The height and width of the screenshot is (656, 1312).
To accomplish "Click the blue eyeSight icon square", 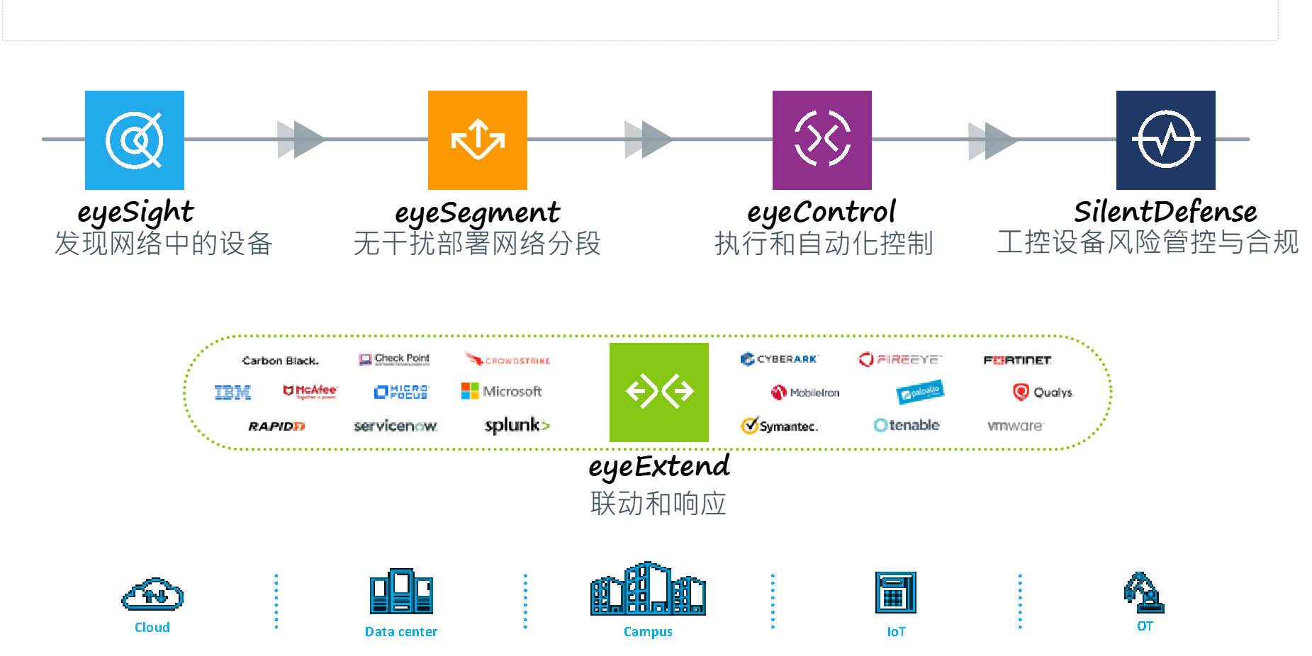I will (135, 140).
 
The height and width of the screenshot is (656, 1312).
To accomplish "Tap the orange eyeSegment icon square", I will (478, 140).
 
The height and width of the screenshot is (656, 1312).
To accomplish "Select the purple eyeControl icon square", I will (822, 140).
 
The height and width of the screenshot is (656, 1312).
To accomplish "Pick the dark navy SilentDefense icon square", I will (1166, 140).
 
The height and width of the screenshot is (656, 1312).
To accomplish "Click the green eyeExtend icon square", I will (659, 392).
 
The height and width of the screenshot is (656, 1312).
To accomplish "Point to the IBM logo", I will (232, 392).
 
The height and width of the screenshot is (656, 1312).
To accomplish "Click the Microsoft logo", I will (502, 391).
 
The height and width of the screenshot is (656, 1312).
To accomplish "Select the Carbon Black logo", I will (281, 361).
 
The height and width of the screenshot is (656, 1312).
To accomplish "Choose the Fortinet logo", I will (1017, 360).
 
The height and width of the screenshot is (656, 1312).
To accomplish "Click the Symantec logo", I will (780, 426).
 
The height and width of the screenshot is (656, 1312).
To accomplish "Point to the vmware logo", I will (1015, 426).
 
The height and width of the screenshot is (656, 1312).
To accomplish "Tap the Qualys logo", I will (1043, 392).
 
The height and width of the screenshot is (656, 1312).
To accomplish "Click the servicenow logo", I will (396, 426).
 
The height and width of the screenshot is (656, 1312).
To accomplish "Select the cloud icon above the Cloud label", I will (152, 594).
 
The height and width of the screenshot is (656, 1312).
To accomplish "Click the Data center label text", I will (401, 632).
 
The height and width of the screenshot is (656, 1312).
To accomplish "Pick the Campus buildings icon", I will (648, 589).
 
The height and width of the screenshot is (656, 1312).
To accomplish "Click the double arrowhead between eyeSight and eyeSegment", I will (301, 140).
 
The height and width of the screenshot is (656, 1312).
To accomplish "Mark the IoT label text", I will (896, 632).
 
